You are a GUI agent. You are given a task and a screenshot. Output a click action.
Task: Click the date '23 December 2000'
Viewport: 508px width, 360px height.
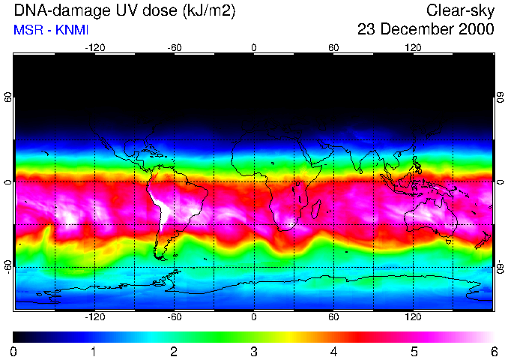coord(426,30)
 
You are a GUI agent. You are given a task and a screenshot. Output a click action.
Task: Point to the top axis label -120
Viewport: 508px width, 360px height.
coord(94,47)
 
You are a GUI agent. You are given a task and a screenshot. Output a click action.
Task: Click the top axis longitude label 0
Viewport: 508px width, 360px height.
coord(254,47)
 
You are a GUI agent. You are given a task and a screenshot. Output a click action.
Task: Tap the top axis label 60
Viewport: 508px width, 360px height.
coord(333,47)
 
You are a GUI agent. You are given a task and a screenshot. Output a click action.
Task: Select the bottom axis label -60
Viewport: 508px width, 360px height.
coord(174,316)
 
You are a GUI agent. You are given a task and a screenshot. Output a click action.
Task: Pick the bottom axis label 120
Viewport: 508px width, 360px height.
coord(413,316)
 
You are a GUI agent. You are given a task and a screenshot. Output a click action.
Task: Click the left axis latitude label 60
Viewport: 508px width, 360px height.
coord(8,98)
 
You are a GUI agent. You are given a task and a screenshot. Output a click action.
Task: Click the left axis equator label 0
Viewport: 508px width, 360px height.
coord(8,182)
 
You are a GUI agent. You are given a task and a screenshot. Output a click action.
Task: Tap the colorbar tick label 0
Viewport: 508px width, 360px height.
coord(14,351)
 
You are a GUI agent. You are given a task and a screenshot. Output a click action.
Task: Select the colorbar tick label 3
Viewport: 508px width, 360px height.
coord(253,351)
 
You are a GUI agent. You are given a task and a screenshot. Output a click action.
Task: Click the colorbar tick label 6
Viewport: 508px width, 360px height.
coord(492,351)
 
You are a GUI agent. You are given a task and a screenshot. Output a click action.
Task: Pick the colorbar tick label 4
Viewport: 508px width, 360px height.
coord(333,351)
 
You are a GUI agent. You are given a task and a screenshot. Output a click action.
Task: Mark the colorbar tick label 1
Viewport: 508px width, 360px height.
coord(94,351)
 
